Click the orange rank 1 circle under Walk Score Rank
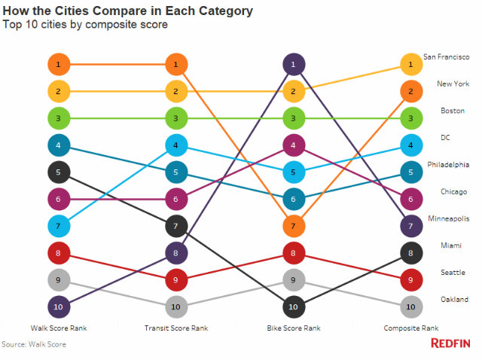click(59, 66)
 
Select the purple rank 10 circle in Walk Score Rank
click(59, 307)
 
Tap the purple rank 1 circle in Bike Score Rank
click(294, 66)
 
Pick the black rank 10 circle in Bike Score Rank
click(294, 307)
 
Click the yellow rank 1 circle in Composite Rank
click(411, 66)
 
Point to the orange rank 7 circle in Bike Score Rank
click(294, 226)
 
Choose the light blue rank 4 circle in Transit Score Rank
click(175, 145)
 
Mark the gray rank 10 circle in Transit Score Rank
click(175, 307)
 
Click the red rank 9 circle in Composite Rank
click(411, 280)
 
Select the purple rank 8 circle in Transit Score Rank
click(175, 253)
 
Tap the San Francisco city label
click(446, 56)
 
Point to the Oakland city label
click(453, 299)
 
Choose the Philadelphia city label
click(448, 164)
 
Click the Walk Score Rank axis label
click(59, 328)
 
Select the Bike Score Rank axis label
click(294, 328)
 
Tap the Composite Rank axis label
click(410, 328)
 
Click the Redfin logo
click(450, 343)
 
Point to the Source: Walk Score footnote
click(33, 344)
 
